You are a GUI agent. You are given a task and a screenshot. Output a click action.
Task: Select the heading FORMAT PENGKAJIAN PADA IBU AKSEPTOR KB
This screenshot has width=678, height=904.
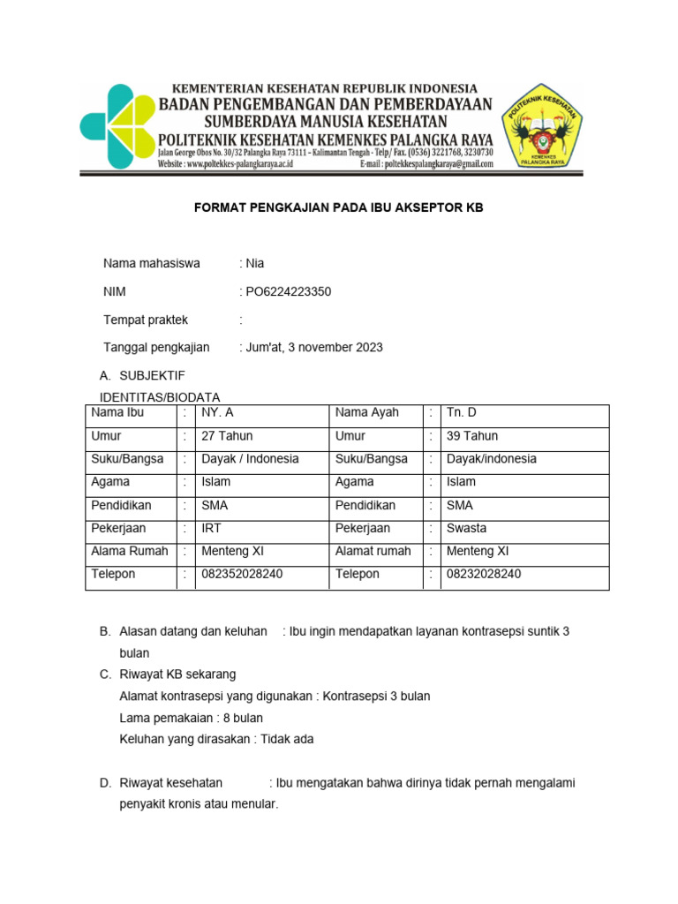[339, 207]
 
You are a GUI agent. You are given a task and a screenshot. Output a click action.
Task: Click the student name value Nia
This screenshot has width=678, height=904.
[254, 263]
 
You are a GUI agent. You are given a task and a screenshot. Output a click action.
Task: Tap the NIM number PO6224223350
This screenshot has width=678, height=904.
[288, 291]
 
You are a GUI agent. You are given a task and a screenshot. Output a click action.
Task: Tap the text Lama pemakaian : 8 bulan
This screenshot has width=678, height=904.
[191, 718]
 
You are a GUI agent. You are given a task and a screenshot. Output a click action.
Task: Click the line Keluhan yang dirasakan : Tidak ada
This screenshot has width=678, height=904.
[216, 739]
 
